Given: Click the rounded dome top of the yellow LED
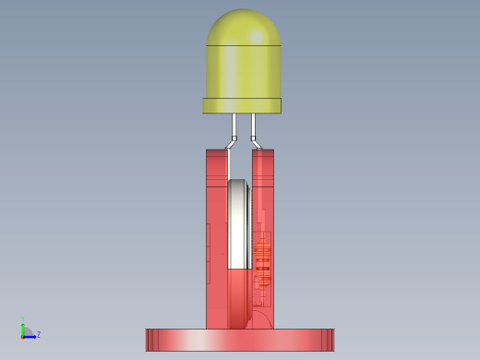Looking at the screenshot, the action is click(244, 26).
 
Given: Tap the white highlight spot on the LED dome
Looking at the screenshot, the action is click(257, 37).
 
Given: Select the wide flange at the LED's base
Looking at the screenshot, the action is click(242, 105).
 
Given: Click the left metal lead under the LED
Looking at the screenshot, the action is click(234, 125).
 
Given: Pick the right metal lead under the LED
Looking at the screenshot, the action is click(253, 125).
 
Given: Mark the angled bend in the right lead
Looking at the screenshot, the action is click(256, 143).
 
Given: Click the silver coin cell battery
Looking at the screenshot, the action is click(238, 224).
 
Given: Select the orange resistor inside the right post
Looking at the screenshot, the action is click(262, 264).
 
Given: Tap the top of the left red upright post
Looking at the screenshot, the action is click(217, 150).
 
